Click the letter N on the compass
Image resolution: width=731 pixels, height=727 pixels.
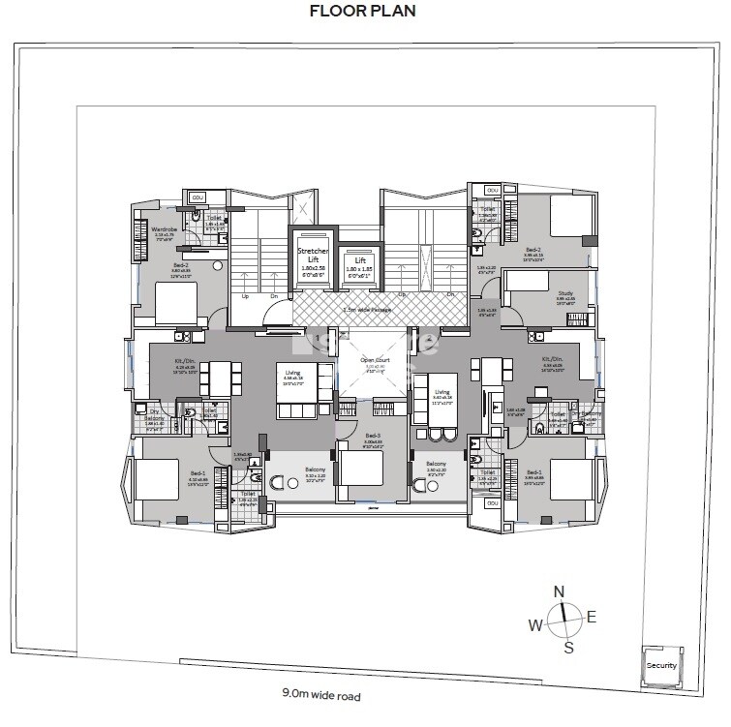(558, 592)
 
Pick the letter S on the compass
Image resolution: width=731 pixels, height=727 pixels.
(569, 648)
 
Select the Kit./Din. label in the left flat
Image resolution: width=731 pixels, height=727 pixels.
(185, 362)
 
